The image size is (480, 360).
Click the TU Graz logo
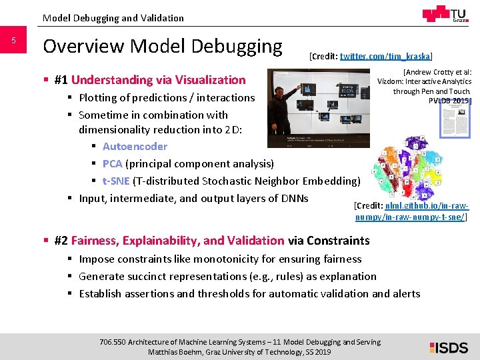coord(446,15)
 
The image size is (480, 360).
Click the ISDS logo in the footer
coord(449,347)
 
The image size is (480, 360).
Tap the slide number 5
coord(13,41)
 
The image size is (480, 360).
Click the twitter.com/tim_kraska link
coord(385,57)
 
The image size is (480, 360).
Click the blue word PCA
coord(113,164)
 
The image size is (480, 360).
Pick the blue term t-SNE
coord(116,181)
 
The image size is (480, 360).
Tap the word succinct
coord(145,277)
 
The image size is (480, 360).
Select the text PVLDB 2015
coord(449,100)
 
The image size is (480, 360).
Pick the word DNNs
coord(293,199)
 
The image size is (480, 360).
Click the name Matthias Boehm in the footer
coord(175,352)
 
